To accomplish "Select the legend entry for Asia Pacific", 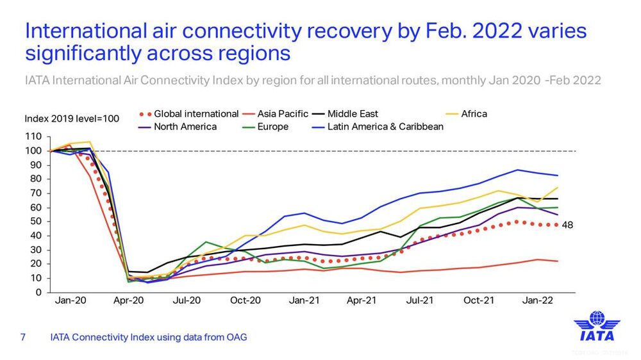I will pos(283,114).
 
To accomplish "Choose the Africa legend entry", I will pos(474,114).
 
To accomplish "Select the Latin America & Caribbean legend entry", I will pos(385,127).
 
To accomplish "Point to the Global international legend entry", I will pos(196,114).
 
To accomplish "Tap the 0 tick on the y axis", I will pos(40,293).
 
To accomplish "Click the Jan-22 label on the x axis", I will pos(538,300).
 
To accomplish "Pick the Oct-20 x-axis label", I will pos(246,300).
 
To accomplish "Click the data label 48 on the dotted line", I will pos(567,225).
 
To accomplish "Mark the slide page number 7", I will pos(23,337).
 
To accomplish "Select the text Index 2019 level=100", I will pos(72,119).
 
